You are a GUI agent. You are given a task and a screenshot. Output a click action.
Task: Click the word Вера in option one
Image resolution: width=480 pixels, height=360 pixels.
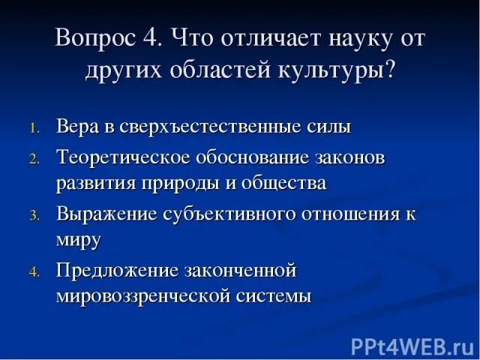(78, 127)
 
